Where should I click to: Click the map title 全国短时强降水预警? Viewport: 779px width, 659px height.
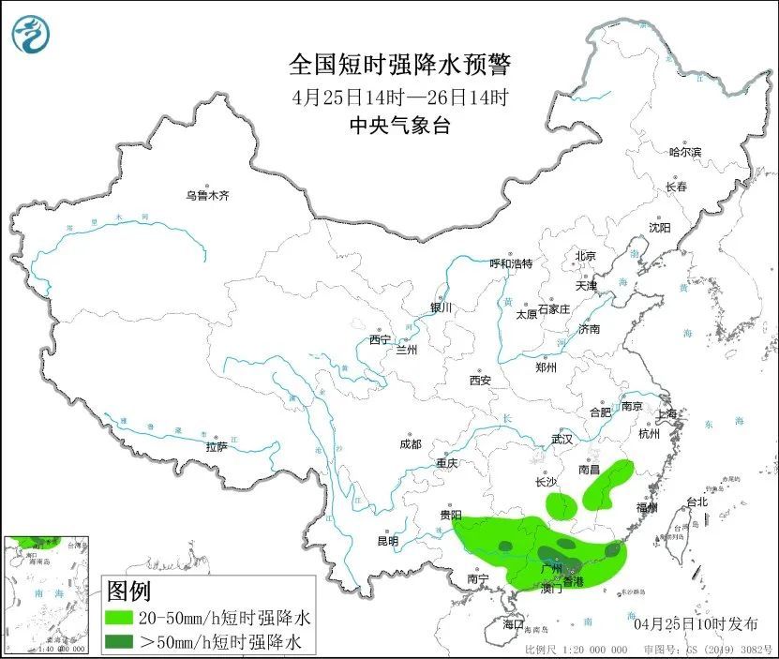click(400, 65)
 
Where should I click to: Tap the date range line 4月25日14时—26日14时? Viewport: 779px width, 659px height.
click(400, 97)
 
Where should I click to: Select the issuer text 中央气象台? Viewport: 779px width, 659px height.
click(400, 126)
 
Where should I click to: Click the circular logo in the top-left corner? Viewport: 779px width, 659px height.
click(31, 35)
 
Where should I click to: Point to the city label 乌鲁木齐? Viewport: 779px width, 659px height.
click(206, 196)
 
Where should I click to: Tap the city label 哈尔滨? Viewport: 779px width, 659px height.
click(685, 152)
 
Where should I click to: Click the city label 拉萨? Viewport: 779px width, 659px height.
click(217, 447)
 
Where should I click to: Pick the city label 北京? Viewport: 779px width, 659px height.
click(586, 256)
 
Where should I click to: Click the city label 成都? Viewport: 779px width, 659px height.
click(410, 444)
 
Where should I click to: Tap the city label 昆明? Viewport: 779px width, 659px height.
click(387, 541)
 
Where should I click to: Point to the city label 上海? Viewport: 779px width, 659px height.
click(667, 413)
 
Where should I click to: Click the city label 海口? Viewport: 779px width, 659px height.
click(513, 623)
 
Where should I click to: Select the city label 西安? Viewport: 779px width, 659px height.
click(480, 381)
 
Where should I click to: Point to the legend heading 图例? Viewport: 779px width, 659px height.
click(128, 592)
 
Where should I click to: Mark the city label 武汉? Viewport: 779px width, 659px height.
click(562, 439)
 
